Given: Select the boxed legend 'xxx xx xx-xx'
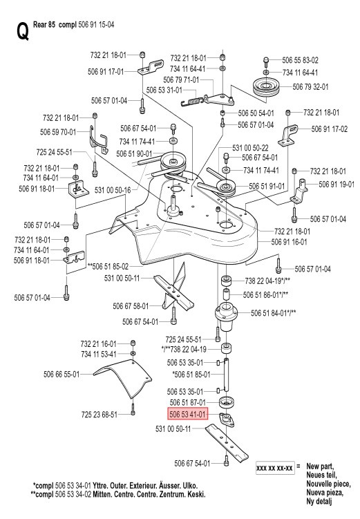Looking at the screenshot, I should (274, 468).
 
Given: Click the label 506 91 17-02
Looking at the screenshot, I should (330, 129).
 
